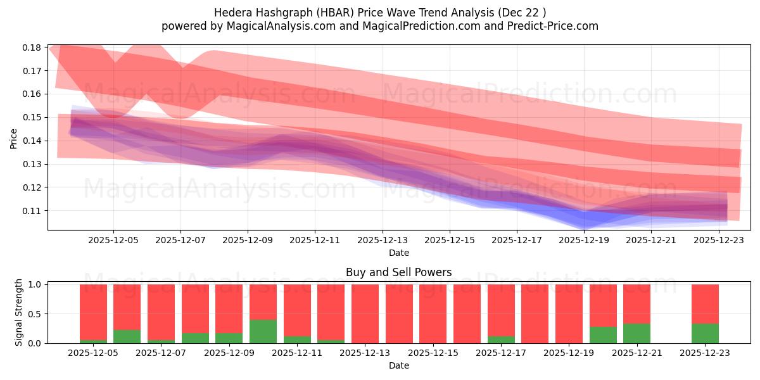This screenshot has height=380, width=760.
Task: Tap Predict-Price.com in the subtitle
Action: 552,26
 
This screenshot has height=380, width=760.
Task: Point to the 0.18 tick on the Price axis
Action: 32,47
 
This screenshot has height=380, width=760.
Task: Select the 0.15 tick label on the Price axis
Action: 32,117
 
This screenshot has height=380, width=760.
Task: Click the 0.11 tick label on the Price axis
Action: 32,210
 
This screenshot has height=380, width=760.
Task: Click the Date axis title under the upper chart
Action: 399,253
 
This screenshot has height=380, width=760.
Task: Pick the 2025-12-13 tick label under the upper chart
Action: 382,240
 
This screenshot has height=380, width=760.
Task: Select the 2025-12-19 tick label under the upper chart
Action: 584,240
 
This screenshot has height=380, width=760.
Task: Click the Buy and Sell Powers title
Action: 399,272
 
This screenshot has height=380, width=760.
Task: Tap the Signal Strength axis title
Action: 19,312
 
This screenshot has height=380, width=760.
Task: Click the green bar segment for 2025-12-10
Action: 263,331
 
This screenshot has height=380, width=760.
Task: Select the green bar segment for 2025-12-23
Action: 705,333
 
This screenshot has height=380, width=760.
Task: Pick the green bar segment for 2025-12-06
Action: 127,336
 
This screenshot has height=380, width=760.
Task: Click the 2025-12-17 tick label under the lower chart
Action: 501,353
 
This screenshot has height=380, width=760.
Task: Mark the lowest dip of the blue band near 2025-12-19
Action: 584,227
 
